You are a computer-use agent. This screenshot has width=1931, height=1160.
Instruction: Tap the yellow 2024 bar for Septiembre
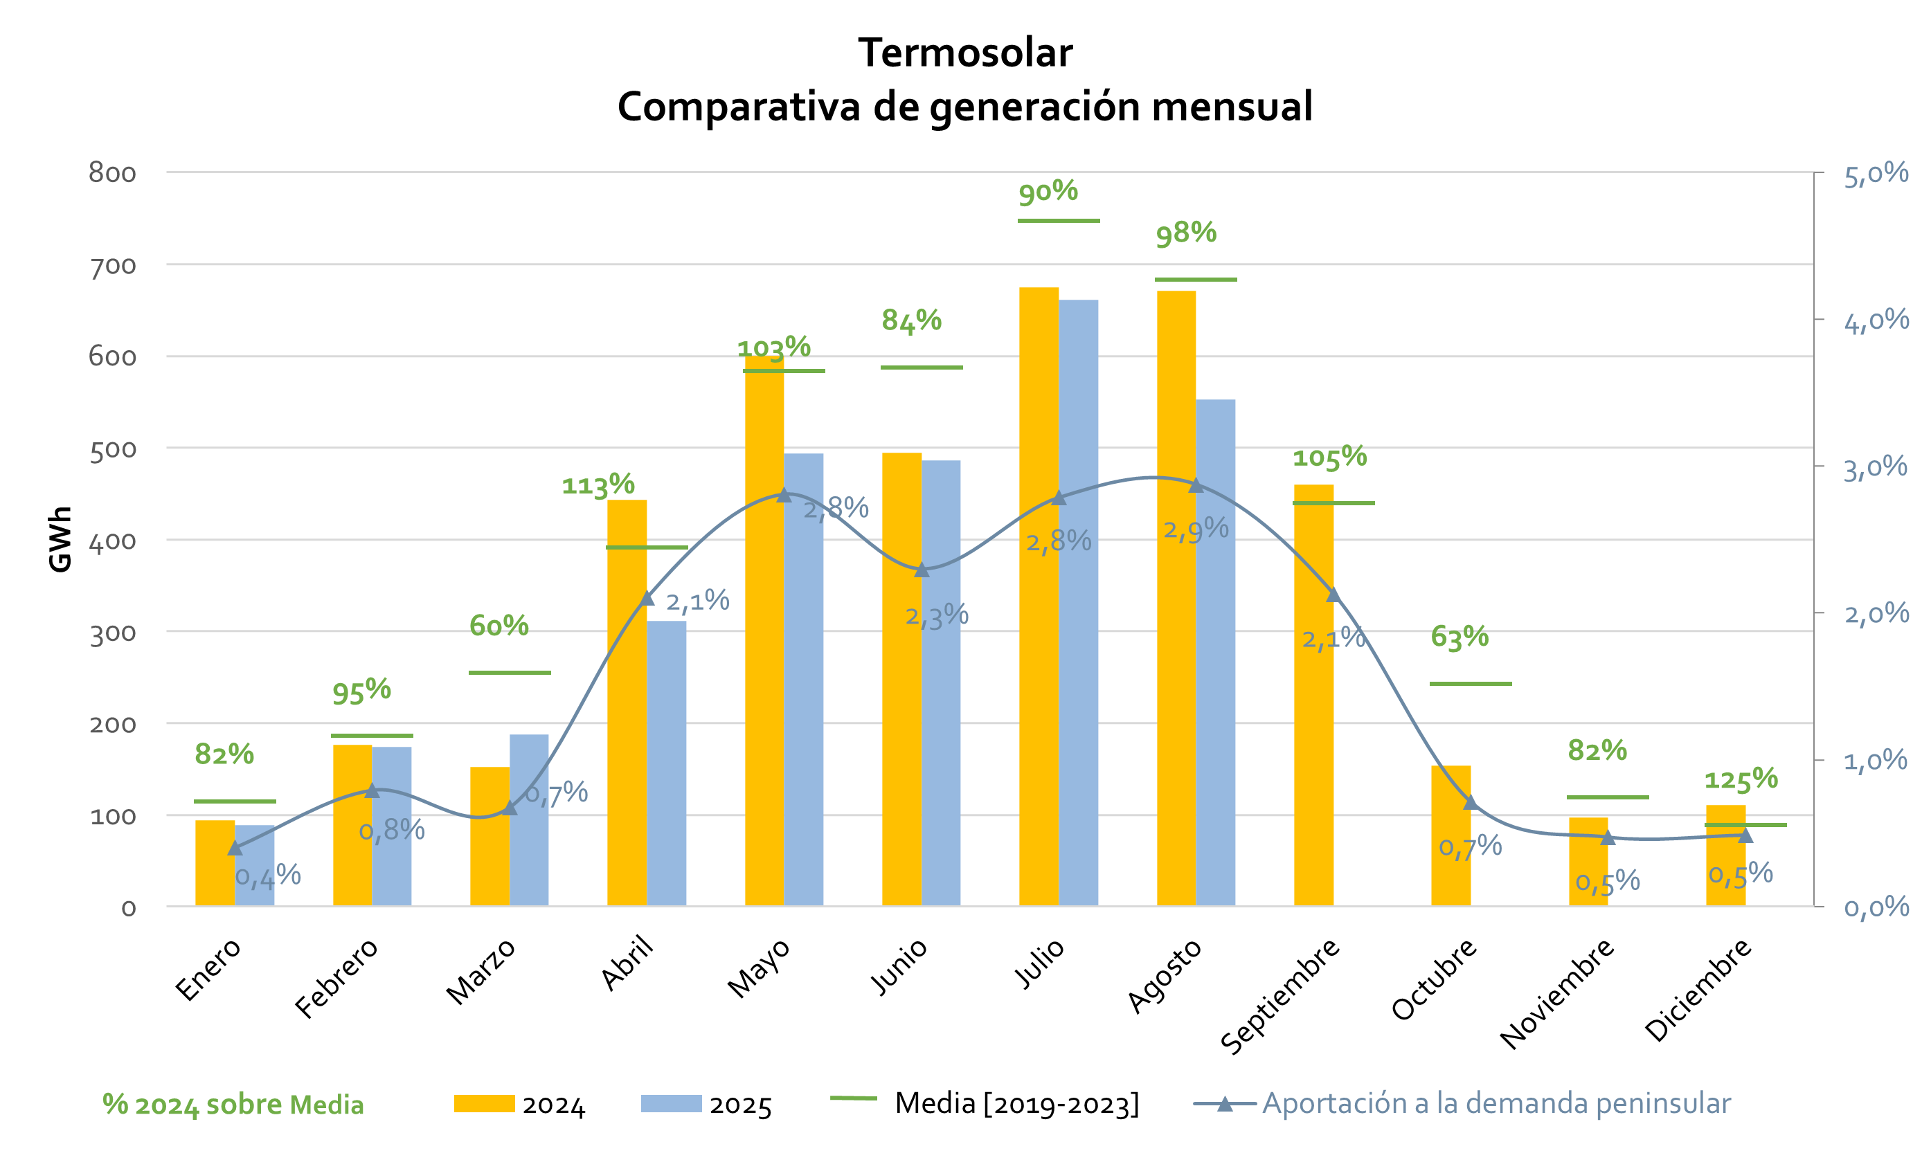coord(1313,695)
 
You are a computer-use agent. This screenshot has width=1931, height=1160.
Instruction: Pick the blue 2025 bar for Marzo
coord(528,820)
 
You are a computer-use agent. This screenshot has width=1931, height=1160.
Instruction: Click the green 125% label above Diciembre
coord(1740,779)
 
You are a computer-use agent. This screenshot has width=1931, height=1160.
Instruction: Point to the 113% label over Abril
coord(598,484)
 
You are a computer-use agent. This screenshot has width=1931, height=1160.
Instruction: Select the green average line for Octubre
coord(1470,684)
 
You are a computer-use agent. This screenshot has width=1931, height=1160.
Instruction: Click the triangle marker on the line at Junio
coord(922,570)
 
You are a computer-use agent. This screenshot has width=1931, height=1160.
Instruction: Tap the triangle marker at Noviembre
coord(1608,838)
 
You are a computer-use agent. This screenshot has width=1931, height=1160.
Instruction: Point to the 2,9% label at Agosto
coord(1195,530)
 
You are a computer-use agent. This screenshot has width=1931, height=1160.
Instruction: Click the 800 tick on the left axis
coord(111,173)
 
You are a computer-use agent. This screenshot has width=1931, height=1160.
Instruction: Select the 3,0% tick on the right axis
coord(1876,468)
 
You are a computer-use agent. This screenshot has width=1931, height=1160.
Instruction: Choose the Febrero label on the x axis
coord(336,978)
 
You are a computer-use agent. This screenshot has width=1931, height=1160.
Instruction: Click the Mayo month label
coord(758,968)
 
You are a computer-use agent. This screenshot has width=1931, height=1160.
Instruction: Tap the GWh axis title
coord(60,539)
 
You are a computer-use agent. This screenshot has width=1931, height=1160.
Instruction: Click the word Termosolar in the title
coord(964,53)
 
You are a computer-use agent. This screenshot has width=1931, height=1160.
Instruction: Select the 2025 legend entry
coord(706,1105)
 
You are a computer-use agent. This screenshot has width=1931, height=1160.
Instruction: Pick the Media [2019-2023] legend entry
coord(985,1103)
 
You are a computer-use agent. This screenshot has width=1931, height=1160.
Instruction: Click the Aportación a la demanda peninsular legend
coord(1462,1103)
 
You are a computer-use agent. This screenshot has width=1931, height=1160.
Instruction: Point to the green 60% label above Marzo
coord(499,626)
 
